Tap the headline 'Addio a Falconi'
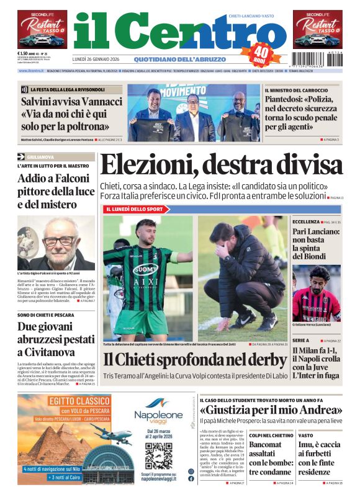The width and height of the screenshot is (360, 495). pyautogui.click(x=53, y=179)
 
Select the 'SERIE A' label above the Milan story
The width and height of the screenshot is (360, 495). pyautogui.click(x=302, y=341)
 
